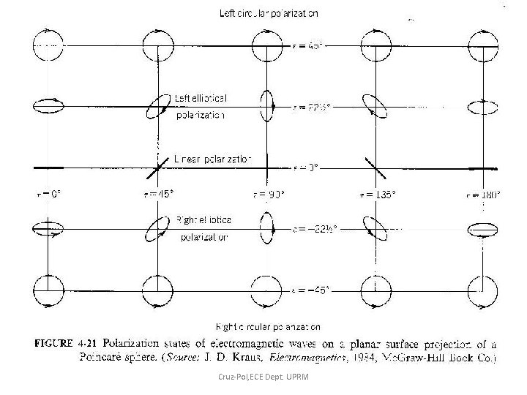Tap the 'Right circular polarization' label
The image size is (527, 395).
[267, 326]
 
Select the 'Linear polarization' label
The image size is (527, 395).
[213, 157]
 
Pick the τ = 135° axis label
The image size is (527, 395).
[375, 194]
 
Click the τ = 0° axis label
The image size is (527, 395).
[48, 194]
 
